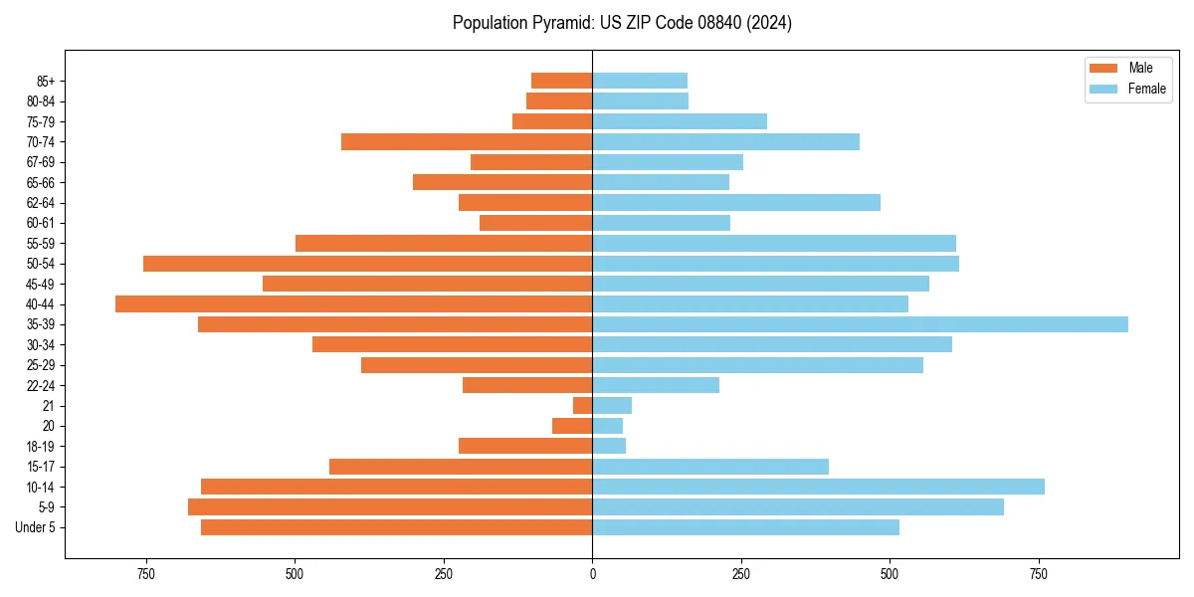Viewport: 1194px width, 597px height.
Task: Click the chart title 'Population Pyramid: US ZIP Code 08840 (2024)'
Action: coord(622,23)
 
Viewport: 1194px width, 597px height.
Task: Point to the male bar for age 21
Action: coord(583,406)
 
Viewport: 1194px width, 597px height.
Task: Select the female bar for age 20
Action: coord(608,426)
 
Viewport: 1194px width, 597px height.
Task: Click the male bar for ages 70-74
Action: coord(467,142)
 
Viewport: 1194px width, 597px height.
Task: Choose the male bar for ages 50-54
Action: coord(367,264)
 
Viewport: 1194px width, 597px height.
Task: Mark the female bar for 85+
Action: coord(640,81)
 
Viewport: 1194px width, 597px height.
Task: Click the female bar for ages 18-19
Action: coord(609,446)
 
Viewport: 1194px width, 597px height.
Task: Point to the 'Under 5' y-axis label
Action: coord(35,527)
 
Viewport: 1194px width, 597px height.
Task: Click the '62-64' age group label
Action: coord(40,203)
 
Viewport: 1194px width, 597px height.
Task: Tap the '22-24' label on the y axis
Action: coord(40,385)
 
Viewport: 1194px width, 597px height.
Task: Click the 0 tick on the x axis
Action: coord(592,574)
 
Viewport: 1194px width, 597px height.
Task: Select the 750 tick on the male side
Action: coord(146,574)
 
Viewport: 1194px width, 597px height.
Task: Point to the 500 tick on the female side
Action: coord(890,574)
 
